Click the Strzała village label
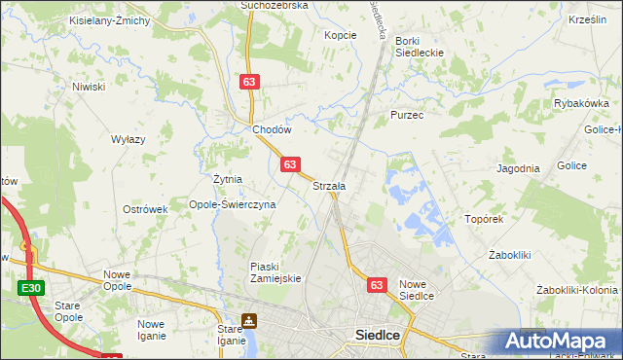329,186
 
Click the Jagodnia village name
518,168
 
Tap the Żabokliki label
508,255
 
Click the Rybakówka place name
581,103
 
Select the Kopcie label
341,35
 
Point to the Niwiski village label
88,87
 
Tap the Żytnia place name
228,180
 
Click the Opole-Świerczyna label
233,205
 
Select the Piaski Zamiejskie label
277,271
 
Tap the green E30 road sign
29,289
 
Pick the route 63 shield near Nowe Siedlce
379,285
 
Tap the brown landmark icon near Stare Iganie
250,320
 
